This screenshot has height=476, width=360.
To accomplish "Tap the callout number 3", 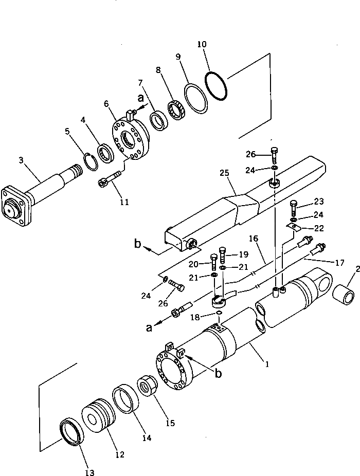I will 21,161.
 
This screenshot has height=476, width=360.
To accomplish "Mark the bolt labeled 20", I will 213,263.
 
